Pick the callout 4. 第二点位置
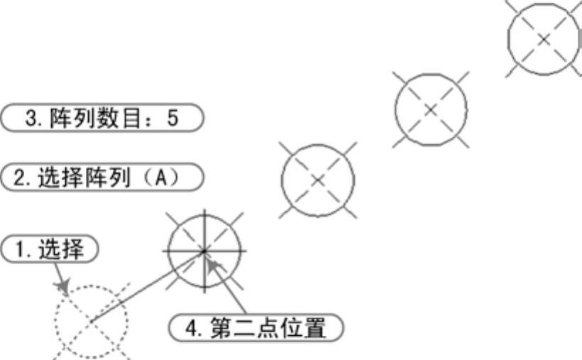pyautogui.click(x=256, y=329)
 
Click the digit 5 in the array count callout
pyautogui.click(x=172, y=118)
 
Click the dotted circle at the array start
pyautogui.click(x=92, y=323)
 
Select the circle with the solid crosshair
pyautogui.click(x=204, y=250)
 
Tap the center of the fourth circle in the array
pyautogui.click(x=430, y=108)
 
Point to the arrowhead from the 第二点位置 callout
pyautogui.click(x=214, y=264)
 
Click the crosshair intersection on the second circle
pyautogui.click(x=204, y=250)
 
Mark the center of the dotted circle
pyautogui.click(x=92, y=323)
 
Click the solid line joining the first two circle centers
pyautogui.click(x=148, y=287)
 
